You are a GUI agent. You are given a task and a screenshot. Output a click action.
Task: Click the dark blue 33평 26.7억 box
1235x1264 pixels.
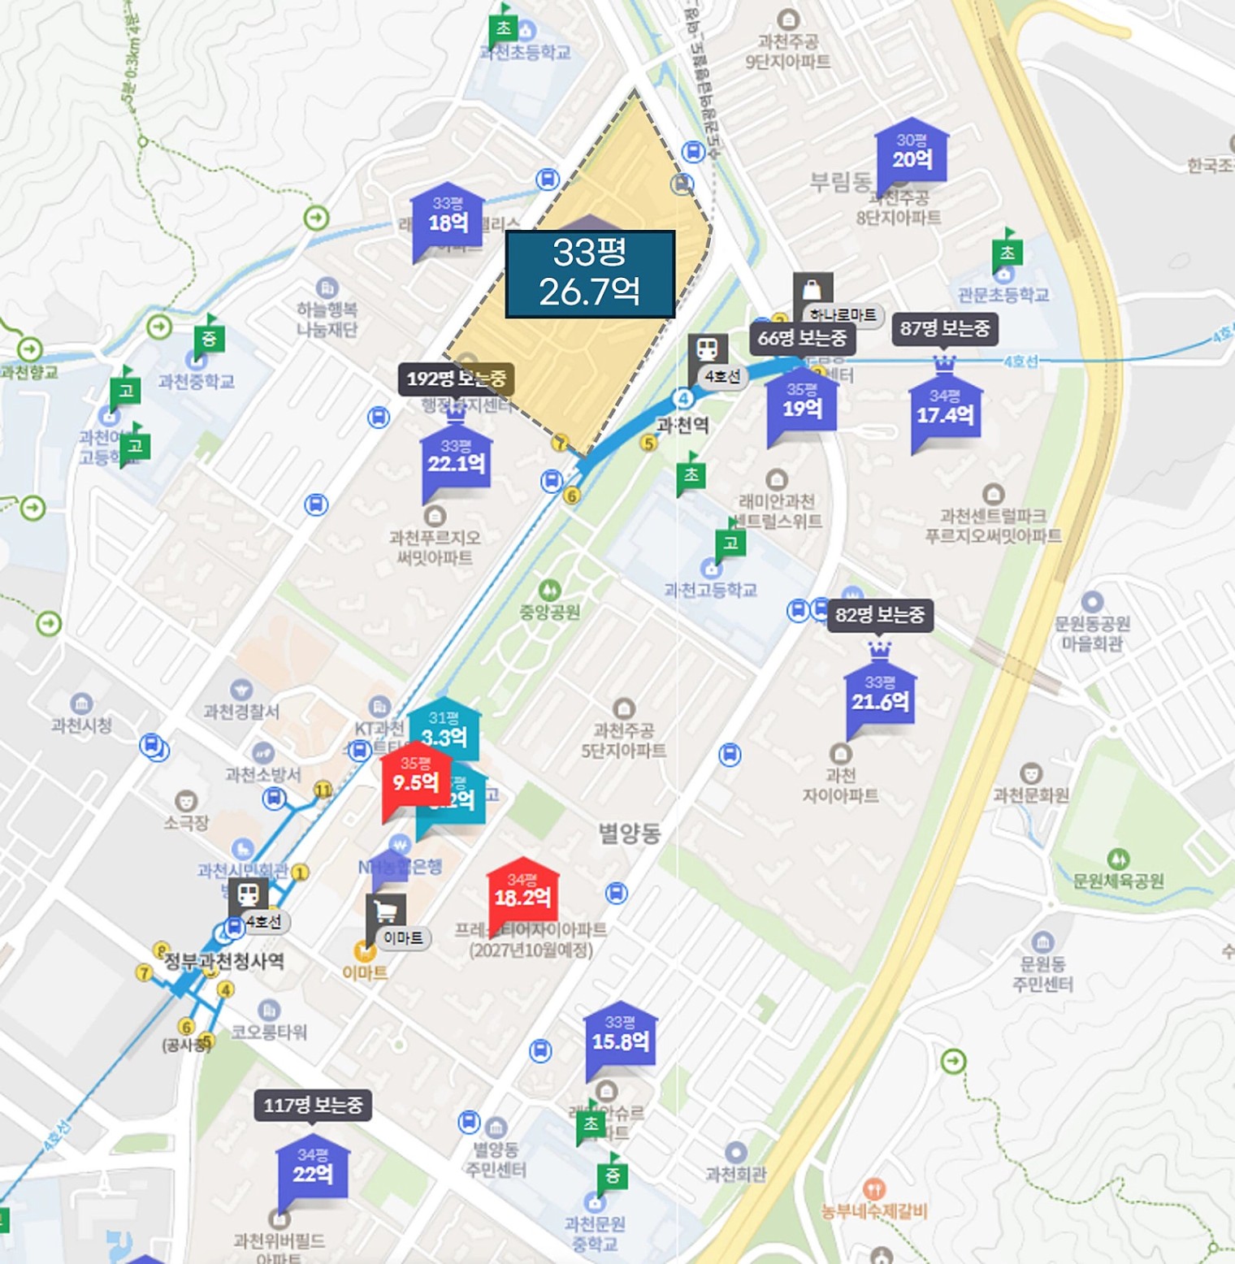(x=590, y=274)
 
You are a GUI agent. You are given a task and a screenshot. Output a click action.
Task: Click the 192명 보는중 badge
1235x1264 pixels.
(x=456, y=379)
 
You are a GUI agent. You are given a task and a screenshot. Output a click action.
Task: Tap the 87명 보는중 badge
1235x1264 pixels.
(x=944, y=328)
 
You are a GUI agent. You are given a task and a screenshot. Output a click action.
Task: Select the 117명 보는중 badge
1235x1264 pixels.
(x=313, y=1105)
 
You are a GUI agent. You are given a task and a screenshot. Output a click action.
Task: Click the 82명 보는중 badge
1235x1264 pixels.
(x=880, y=615)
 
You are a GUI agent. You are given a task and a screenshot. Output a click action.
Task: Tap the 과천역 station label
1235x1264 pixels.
(x=682, y=425)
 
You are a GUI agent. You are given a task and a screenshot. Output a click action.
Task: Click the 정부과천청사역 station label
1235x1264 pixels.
(x=224, y=962)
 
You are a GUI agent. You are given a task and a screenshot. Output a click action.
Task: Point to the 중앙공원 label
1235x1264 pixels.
(x=549, y=612)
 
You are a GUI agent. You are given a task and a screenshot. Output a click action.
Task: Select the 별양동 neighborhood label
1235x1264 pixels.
(x=630, y=833)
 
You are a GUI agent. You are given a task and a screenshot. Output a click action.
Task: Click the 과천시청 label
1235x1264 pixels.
(x=81, y=725)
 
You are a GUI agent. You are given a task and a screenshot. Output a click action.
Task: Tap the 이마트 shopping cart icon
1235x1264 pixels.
(x=386, y=912)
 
